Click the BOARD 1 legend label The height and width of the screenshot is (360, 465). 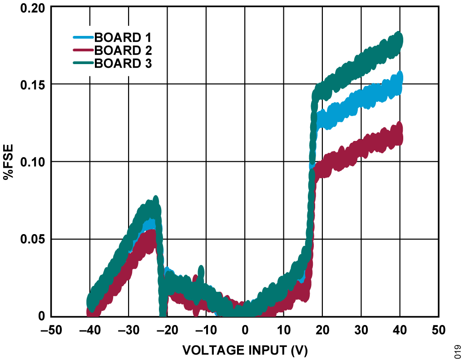pyautogui.click(x=123, y=37)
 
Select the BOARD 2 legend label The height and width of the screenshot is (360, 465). pyautogui.click(x=123, y=50)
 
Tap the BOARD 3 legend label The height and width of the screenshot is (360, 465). pyautogui.click(x=123, y=64)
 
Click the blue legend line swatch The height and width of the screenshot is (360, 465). pyautogui.click(x=83, y=37)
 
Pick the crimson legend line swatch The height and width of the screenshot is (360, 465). pyautogui.click(x=83, y=50)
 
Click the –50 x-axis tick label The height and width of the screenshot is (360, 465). pyautogui.click(x=51, y=329)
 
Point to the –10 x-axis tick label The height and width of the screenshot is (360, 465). pyautogui.click(x=206, y=329)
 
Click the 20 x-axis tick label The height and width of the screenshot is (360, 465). pyautogui.click(x=322, y=329)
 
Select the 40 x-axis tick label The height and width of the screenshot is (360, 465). pyautogui.click(x=400, y=329)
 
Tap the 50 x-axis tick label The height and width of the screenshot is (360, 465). pyautogui.click(x=439, y=329)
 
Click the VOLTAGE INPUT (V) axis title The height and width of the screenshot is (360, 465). pyautogui.click(x=245, y=350)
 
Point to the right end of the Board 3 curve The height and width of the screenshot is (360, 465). pyautogui.click(x=400, y=40)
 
